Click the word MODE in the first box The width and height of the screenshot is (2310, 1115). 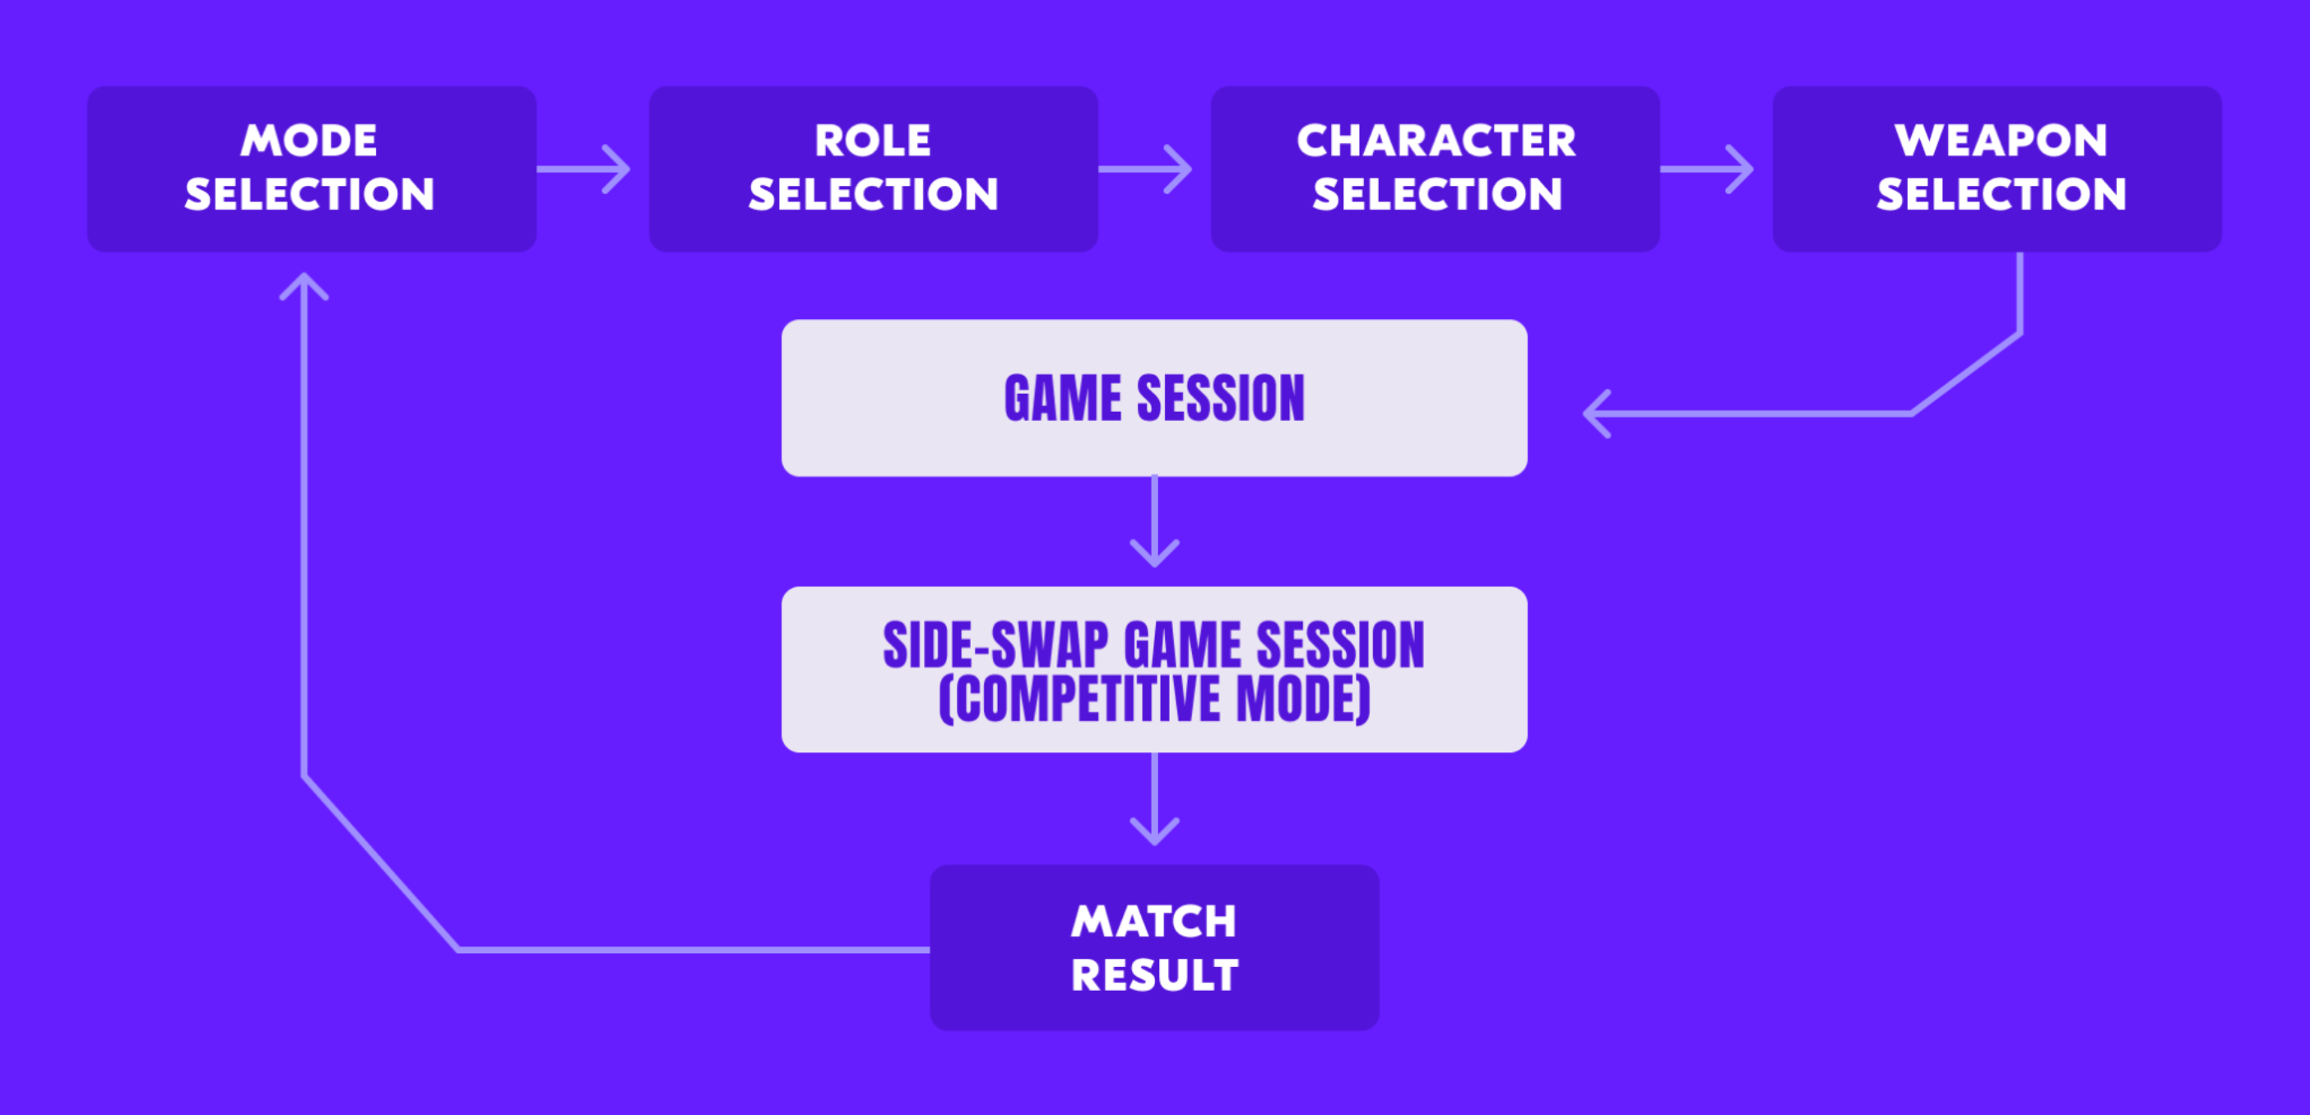click(x=309, y=140)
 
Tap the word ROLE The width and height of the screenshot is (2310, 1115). click(x=873, y=140)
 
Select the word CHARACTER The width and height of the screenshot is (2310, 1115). click(x=1436, y=140)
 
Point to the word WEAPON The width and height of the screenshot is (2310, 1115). click(x=2001, y=140)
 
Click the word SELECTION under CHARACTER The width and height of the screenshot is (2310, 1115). click(x=1437, y=195)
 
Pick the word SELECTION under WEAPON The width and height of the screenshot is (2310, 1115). click(x=2002, y=195)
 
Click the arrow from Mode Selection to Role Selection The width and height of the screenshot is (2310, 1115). click(x=584, y=169)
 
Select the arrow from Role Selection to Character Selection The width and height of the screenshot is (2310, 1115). click(x=1145, y=169)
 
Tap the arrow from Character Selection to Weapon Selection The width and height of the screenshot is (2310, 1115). click(x=1706, y=169)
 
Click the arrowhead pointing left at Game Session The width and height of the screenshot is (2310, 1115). click(x=1597, y=414)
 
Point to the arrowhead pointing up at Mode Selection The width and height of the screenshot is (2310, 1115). click(x=304, y=285)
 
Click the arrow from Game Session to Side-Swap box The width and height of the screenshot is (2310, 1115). click(x=1154, y=520)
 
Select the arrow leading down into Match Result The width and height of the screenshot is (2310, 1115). click(x=1154, y=798)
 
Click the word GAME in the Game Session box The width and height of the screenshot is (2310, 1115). click(x=1063, y=398)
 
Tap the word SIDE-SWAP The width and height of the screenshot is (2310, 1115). click(x=996, y=645)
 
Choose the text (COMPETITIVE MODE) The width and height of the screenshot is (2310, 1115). click(x=1154, y=699)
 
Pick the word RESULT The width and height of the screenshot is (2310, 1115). click(x=1154, y=975)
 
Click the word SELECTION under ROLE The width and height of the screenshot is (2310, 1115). click(x=874, y=195)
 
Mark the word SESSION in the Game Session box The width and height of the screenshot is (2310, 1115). click(x=1221, y=398)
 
